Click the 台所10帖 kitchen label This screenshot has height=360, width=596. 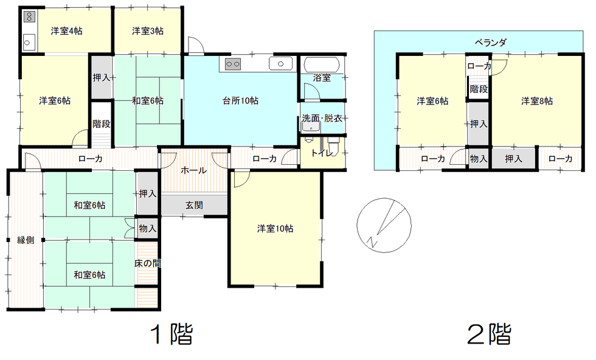click(x=240, y=101)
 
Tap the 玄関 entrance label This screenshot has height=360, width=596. click(x=194, y=206)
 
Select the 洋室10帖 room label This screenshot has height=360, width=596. click(x=275, y=229)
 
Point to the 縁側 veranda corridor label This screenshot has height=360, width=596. click(x=26, y=240)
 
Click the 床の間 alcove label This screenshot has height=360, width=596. click(x=147, y=263)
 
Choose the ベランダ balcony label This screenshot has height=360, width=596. click(x=491, y=42)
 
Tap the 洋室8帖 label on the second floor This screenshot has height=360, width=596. click(x=536, y=101)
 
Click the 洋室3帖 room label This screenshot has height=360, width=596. click(x=148, y=31)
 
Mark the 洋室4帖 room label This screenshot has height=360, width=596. click(x=66, y=31)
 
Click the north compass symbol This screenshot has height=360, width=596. click(x=384, y=225)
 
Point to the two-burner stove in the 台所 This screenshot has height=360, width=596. click(x=232, y=64)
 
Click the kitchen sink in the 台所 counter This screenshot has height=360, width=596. click(x=280, y=64)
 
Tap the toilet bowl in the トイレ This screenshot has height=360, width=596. click(x=333, y=146)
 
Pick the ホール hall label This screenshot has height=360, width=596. click(x=193, y=170)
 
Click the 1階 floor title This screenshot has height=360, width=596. click(x=172, y=334)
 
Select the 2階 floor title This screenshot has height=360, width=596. click(x=489, y=334)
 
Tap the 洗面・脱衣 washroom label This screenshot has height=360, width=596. click(x=322, y=118)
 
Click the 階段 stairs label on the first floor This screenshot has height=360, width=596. click(x=102, y=124)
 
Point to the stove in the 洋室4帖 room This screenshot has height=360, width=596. click(x=30, y=17)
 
